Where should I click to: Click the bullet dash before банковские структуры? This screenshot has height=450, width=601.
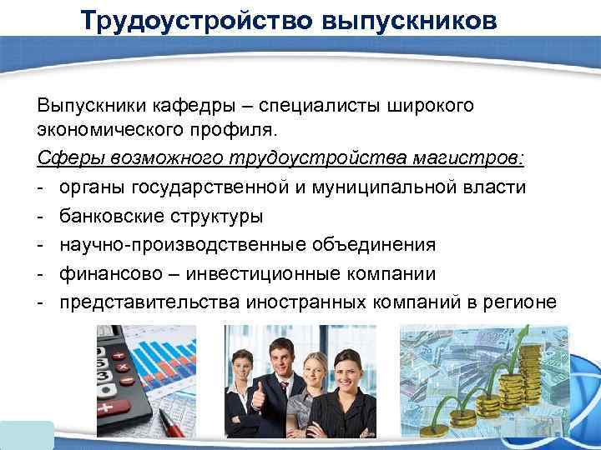41,216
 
